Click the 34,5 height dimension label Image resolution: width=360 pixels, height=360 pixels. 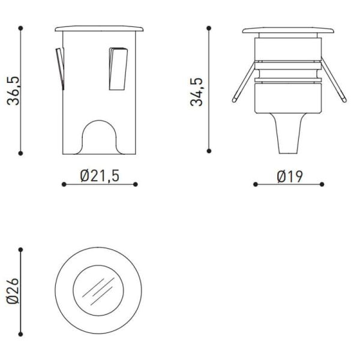[197, 91]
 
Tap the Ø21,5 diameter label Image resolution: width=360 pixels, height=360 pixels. [100, 175]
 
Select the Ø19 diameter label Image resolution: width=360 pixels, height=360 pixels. [289, 176]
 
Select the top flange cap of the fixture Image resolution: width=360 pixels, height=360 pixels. [288, 31]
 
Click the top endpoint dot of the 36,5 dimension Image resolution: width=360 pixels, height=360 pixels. [21, 28]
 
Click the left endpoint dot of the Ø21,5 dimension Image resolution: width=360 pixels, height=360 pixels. [64, 184]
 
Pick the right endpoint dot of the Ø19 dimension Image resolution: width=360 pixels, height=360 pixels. [322, 184]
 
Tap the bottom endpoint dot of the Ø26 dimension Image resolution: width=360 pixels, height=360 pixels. [21, 334]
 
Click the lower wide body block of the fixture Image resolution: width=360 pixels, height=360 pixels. [288, 98]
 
